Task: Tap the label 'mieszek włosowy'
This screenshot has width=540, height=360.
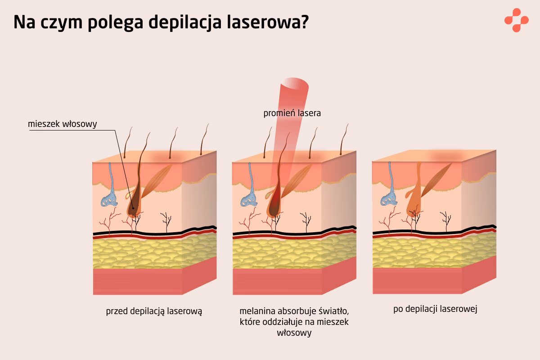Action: click(x=62, y=124)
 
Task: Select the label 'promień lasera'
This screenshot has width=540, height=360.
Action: click(x=292, y=113)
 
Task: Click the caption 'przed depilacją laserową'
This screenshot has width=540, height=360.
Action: click(x=154, y=310)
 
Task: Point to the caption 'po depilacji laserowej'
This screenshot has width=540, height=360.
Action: click(x=435, y=309)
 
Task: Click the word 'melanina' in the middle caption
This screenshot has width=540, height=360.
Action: click(x=257, y=311)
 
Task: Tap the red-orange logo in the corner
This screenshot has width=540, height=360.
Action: click(x=516, y=20)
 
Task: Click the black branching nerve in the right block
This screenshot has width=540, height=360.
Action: click(x=446, y=220)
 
